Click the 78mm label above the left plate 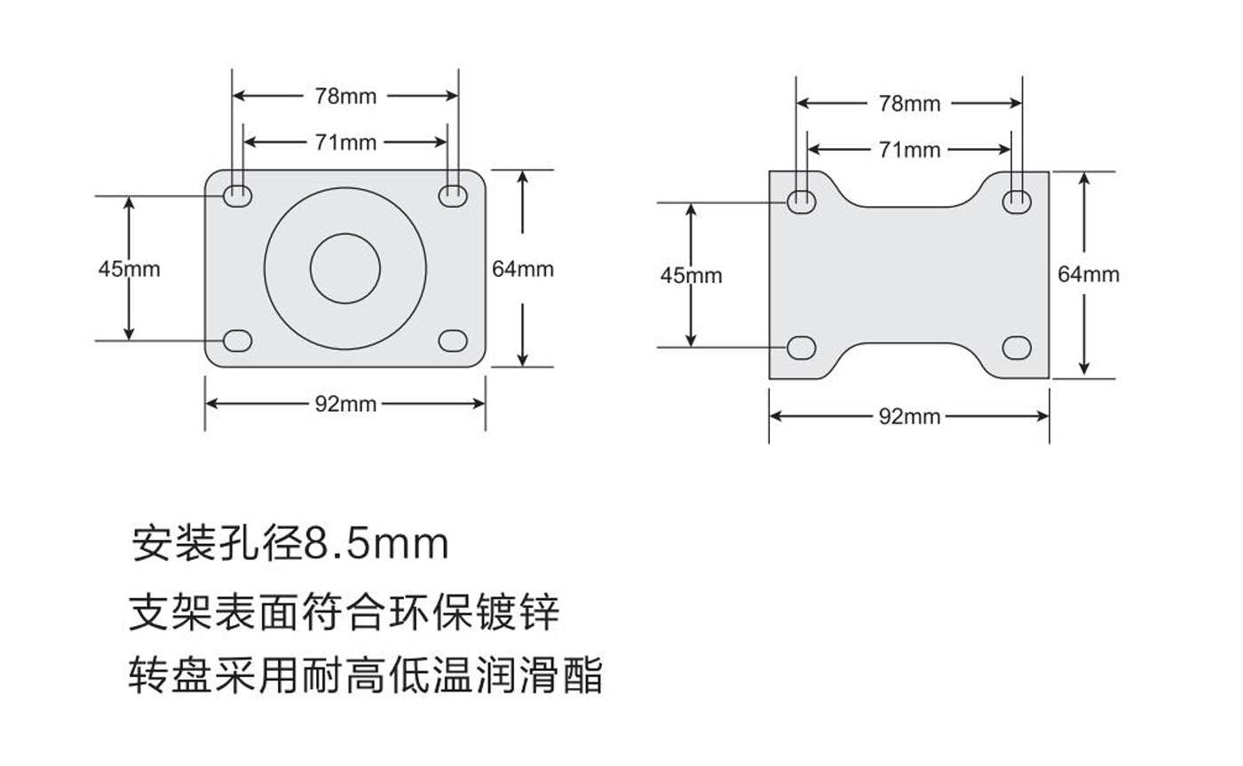tap(345, 96)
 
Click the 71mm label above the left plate tap(345, 142)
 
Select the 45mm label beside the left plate tap(129, 268)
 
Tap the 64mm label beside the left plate tap(523, 268)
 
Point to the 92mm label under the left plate tap(345, 404)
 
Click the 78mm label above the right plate tap(909, 103)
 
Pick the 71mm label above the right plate tap(909, 150)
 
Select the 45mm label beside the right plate tap(691, 275)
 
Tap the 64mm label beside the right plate tap(1088, 274)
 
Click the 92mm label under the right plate tap(909, 415)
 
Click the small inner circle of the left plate tap(345, 268)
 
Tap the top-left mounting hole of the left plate tap(237, 194)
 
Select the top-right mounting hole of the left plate tap(454, 194)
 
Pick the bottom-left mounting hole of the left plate tap(237, 341)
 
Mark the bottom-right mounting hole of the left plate tap(454, 341)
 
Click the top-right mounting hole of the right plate tap(1017, 201)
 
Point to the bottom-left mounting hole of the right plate tap(802, 347)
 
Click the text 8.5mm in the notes tap(376, 543)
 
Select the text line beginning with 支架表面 tap(344, 612)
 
